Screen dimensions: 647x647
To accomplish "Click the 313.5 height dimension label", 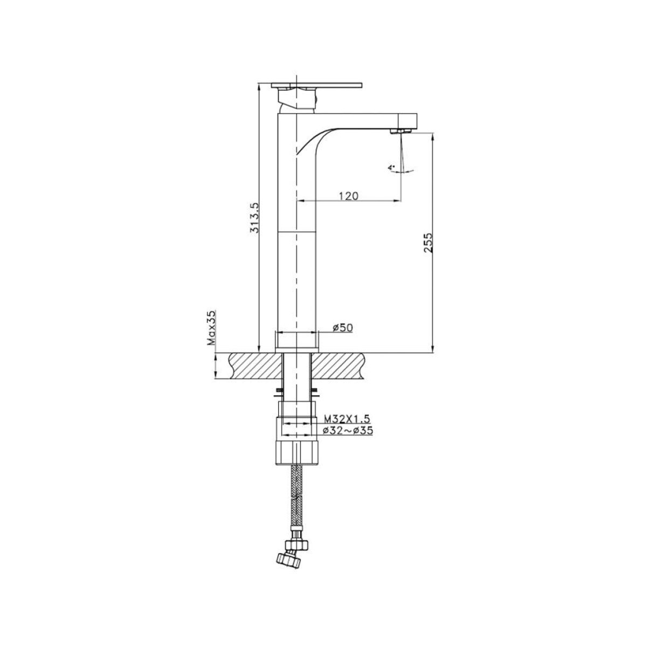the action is (255, 217).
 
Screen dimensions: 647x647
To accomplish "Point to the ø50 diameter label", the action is (343, 327).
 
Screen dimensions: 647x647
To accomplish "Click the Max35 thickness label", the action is (211, 328).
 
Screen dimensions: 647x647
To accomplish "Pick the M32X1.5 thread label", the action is (347, 418).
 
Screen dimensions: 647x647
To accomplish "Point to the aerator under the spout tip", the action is (400, 131).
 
